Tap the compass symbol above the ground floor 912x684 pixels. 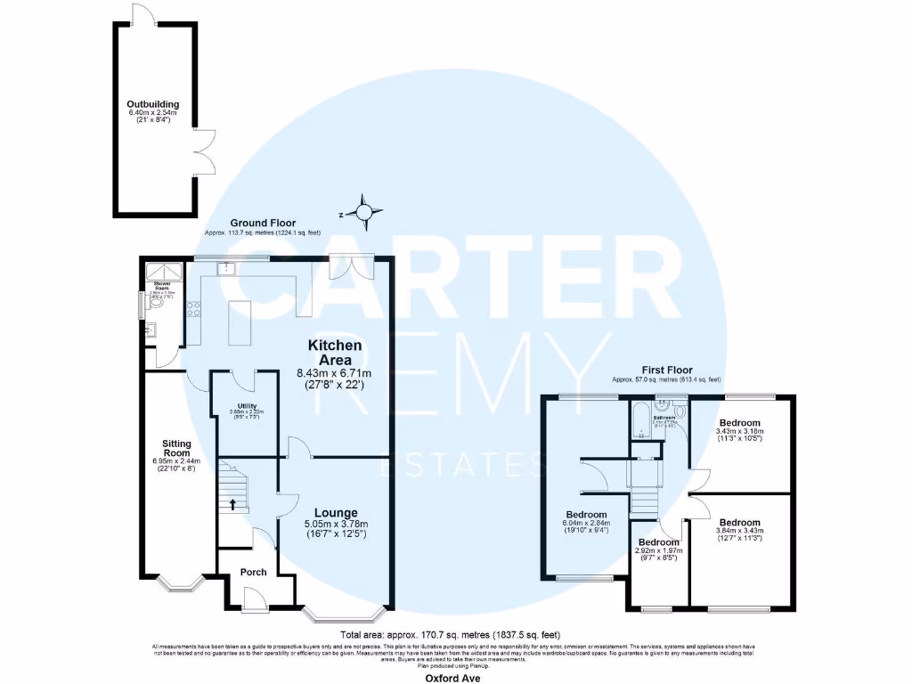[364, 212]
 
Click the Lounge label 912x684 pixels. [336, 513]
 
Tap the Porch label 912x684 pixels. [254, 572]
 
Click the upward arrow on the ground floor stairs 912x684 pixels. [233, 505]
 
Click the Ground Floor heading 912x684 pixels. [263, 223]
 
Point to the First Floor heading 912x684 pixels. [667, 370]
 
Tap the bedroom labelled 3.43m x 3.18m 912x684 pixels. [739, 422]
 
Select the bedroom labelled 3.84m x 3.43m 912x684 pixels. [739, 523]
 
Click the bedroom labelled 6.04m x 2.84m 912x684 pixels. [587, 515]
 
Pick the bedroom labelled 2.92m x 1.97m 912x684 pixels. [658, 542]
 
